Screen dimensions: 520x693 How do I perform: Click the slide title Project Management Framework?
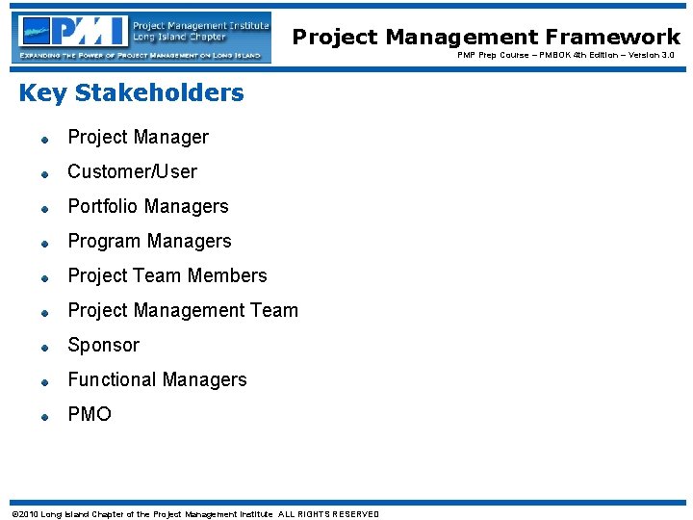486,37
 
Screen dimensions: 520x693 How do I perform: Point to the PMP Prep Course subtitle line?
565,56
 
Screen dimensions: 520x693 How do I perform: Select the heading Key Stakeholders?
131,92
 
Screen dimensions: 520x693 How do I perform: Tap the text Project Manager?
138,137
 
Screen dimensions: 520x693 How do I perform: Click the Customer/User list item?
132,171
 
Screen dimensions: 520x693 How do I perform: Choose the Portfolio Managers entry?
147,206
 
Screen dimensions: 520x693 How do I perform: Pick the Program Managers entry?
149,241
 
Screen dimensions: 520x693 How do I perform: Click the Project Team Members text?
167,275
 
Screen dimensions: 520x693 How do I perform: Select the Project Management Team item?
183,310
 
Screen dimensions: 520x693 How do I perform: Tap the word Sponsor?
103,345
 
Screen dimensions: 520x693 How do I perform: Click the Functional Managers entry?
157,379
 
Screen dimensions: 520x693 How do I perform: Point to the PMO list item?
90,414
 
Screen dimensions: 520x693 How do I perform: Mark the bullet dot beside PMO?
44,417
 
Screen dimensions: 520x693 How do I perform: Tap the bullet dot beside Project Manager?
44,140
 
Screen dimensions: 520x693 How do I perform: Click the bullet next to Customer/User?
44,174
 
